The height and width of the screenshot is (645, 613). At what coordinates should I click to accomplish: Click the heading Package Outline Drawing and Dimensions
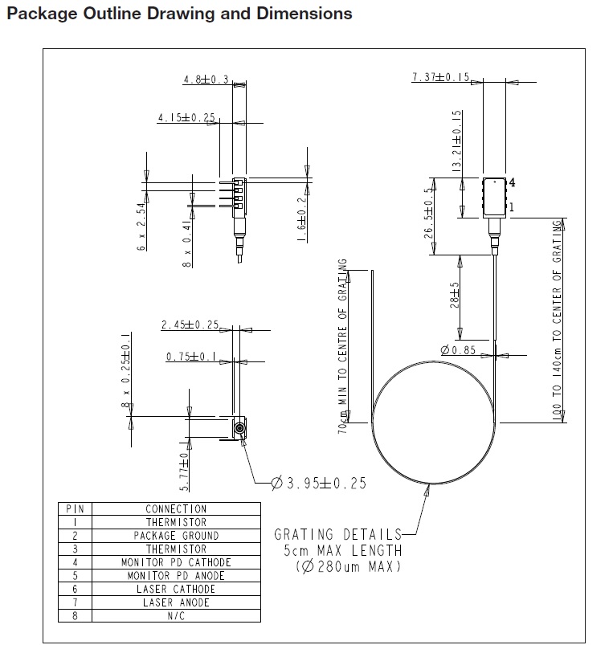(179, 14)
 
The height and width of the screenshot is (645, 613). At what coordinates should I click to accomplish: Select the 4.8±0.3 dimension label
(206, 80)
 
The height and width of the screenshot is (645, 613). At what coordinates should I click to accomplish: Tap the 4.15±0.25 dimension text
(186, 118)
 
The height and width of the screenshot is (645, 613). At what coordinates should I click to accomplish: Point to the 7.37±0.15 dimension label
(440, 77)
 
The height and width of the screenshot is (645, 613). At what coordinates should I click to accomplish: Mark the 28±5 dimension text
(456, 295)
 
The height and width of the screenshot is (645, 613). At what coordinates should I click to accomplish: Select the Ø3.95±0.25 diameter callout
(318, 483)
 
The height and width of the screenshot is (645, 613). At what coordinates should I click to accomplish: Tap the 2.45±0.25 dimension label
(190, 325)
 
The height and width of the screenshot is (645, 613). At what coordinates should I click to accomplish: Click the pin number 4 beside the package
(512, 182)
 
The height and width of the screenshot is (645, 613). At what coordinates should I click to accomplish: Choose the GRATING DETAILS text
(337, 534)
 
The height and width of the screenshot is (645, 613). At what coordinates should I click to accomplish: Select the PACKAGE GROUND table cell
(176, 536)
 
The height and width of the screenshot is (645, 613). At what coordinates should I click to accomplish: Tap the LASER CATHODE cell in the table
(176, 589)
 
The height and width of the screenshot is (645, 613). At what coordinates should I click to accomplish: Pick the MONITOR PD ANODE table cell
(176, 576)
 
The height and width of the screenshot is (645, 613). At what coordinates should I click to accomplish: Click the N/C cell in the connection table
(176, 616)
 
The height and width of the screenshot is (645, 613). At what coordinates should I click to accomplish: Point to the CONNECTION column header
(176, 509)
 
